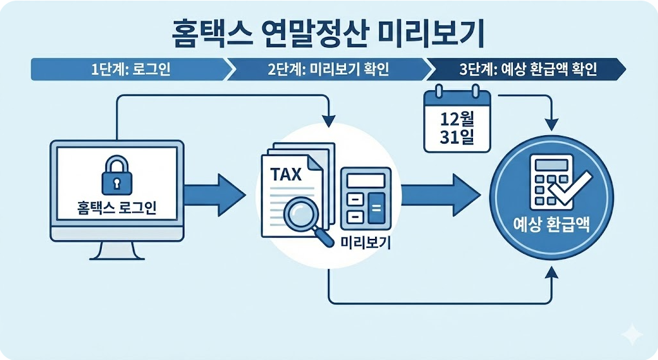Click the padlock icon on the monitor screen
click(116, 173)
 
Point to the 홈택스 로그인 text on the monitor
click(116, 208)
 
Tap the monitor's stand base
click(117, 256)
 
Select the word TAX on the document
click(285, 175)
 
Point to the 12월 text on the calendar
click(457, 119)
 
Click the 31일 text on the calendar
click(457, 138)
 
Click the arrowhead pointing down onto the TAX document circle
click(329, 120)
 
